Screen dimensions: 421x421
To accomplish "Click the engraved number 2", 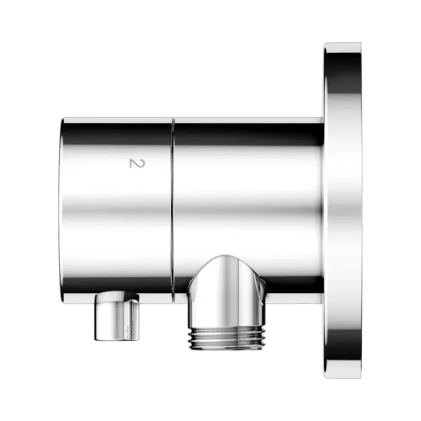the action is click(137, 163).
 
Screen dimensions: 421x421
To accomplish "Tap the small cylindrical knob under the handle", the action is click(116, 317).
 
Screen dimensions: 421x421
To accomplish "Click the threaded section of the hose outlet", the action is click(226, 338).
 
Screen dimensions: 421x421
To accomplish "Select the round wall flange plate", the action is click(343, 210).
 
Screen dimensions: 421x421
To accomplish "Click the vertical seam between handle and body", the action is click(173, 210).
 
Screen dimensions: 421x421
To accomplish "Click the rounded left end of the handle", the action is click(64, 210).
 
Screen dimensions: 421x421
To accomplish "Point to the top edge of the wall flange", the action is click(343, 44).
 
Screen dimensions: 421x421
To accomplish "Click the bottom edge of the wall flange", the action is click(343, 377).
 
